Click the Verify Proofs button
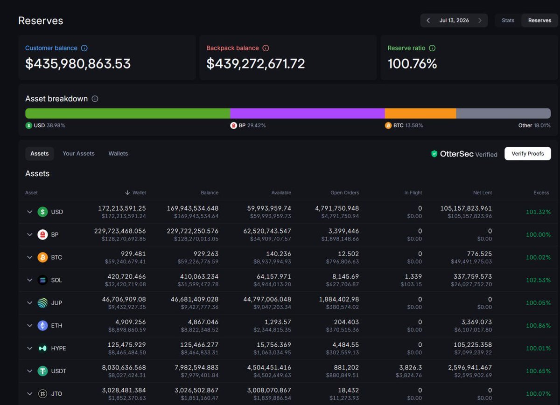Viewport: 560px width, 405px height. (527, 153)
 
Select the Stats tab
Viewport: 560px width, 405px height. (508, 21)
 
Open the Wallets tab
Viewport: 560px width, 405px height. (118, 153)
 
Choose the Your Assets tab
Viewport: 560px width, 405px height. (78, 153)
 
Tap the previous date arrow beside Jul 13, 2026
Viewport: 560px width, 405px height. (428, 21)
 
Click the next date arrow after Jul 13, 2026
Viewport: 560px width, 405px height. (480, 21)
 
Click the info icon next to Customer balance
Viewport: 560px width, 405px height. (84, 48)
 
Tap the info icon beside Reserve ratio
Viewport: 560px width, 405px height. (432, 48)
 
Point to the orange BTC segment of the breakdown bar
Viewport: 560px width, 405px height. (420, 113)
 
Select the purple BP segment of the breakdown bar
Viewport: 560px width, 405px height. (308, 113)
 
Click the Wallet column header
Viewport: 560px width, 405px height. (135, 192)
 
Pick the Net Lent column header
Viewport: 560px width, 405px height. (482, 192)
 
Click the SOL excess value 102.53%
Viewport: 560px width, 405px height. (538, 280)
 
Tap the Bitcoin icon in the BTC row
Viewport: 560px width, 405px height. (42, 257)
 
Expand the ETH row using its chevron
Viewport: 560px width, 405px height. (29, 325)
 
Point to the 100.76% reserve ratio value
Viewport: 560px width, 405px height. (412, 64)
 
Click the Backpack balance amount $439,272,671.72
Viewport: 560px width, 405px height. (256, 64)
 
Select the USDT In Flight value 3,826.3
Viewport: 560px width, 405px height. (410, 367)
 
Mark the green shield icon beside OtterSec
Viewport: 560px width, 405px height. (434, 154)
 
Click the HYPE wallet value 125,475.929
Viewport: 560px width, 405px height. (126, 344)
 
